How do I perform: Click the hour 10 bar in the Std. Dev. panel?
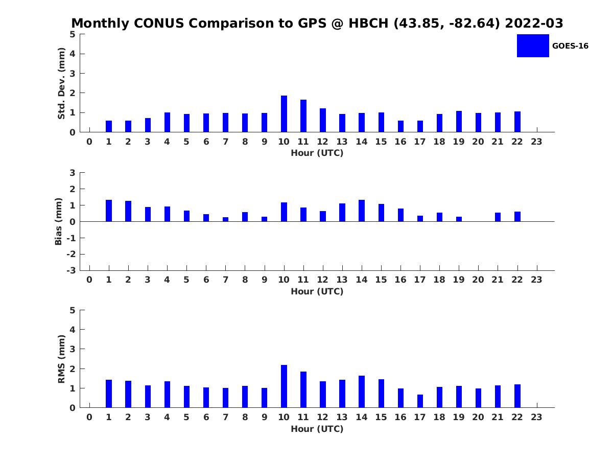[284, 113]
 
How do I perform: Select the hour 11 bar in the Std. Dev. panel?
[303, 116]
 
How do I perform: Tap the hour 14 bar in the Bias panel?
[361, 211]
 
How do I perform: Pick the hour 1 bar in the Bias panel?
[109, 211]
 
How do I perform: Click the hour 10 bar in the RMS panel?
[284, 386]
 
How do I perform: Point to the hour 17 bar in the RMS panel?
[420, 401]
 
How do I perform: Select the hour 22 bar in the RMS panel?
[517, 396]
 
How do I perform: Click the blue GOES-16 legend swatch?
[533, 46]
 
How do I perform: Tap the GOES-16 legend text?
[570, 46]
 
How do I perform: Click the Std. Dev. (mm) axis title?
[61, 83]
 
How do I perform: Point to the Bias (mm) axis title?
[58, 221]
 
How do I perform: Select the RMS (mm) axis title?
[61, 359]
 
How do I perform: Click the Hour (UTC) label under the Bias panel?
[317, 291]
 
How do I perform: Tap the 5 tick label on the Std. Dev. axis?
[73, 34]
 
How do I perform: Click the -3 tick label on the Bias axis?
[71, 270]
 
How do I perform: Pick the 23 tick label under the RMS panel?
[536, 417]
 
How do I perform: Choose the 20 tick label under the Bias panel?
[478, 280]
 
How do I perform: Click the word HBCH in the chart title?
[368, 23]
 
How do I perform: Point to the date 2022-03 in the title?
[534, 23]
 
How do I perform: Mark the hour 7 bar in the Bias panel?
[225, 219]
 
